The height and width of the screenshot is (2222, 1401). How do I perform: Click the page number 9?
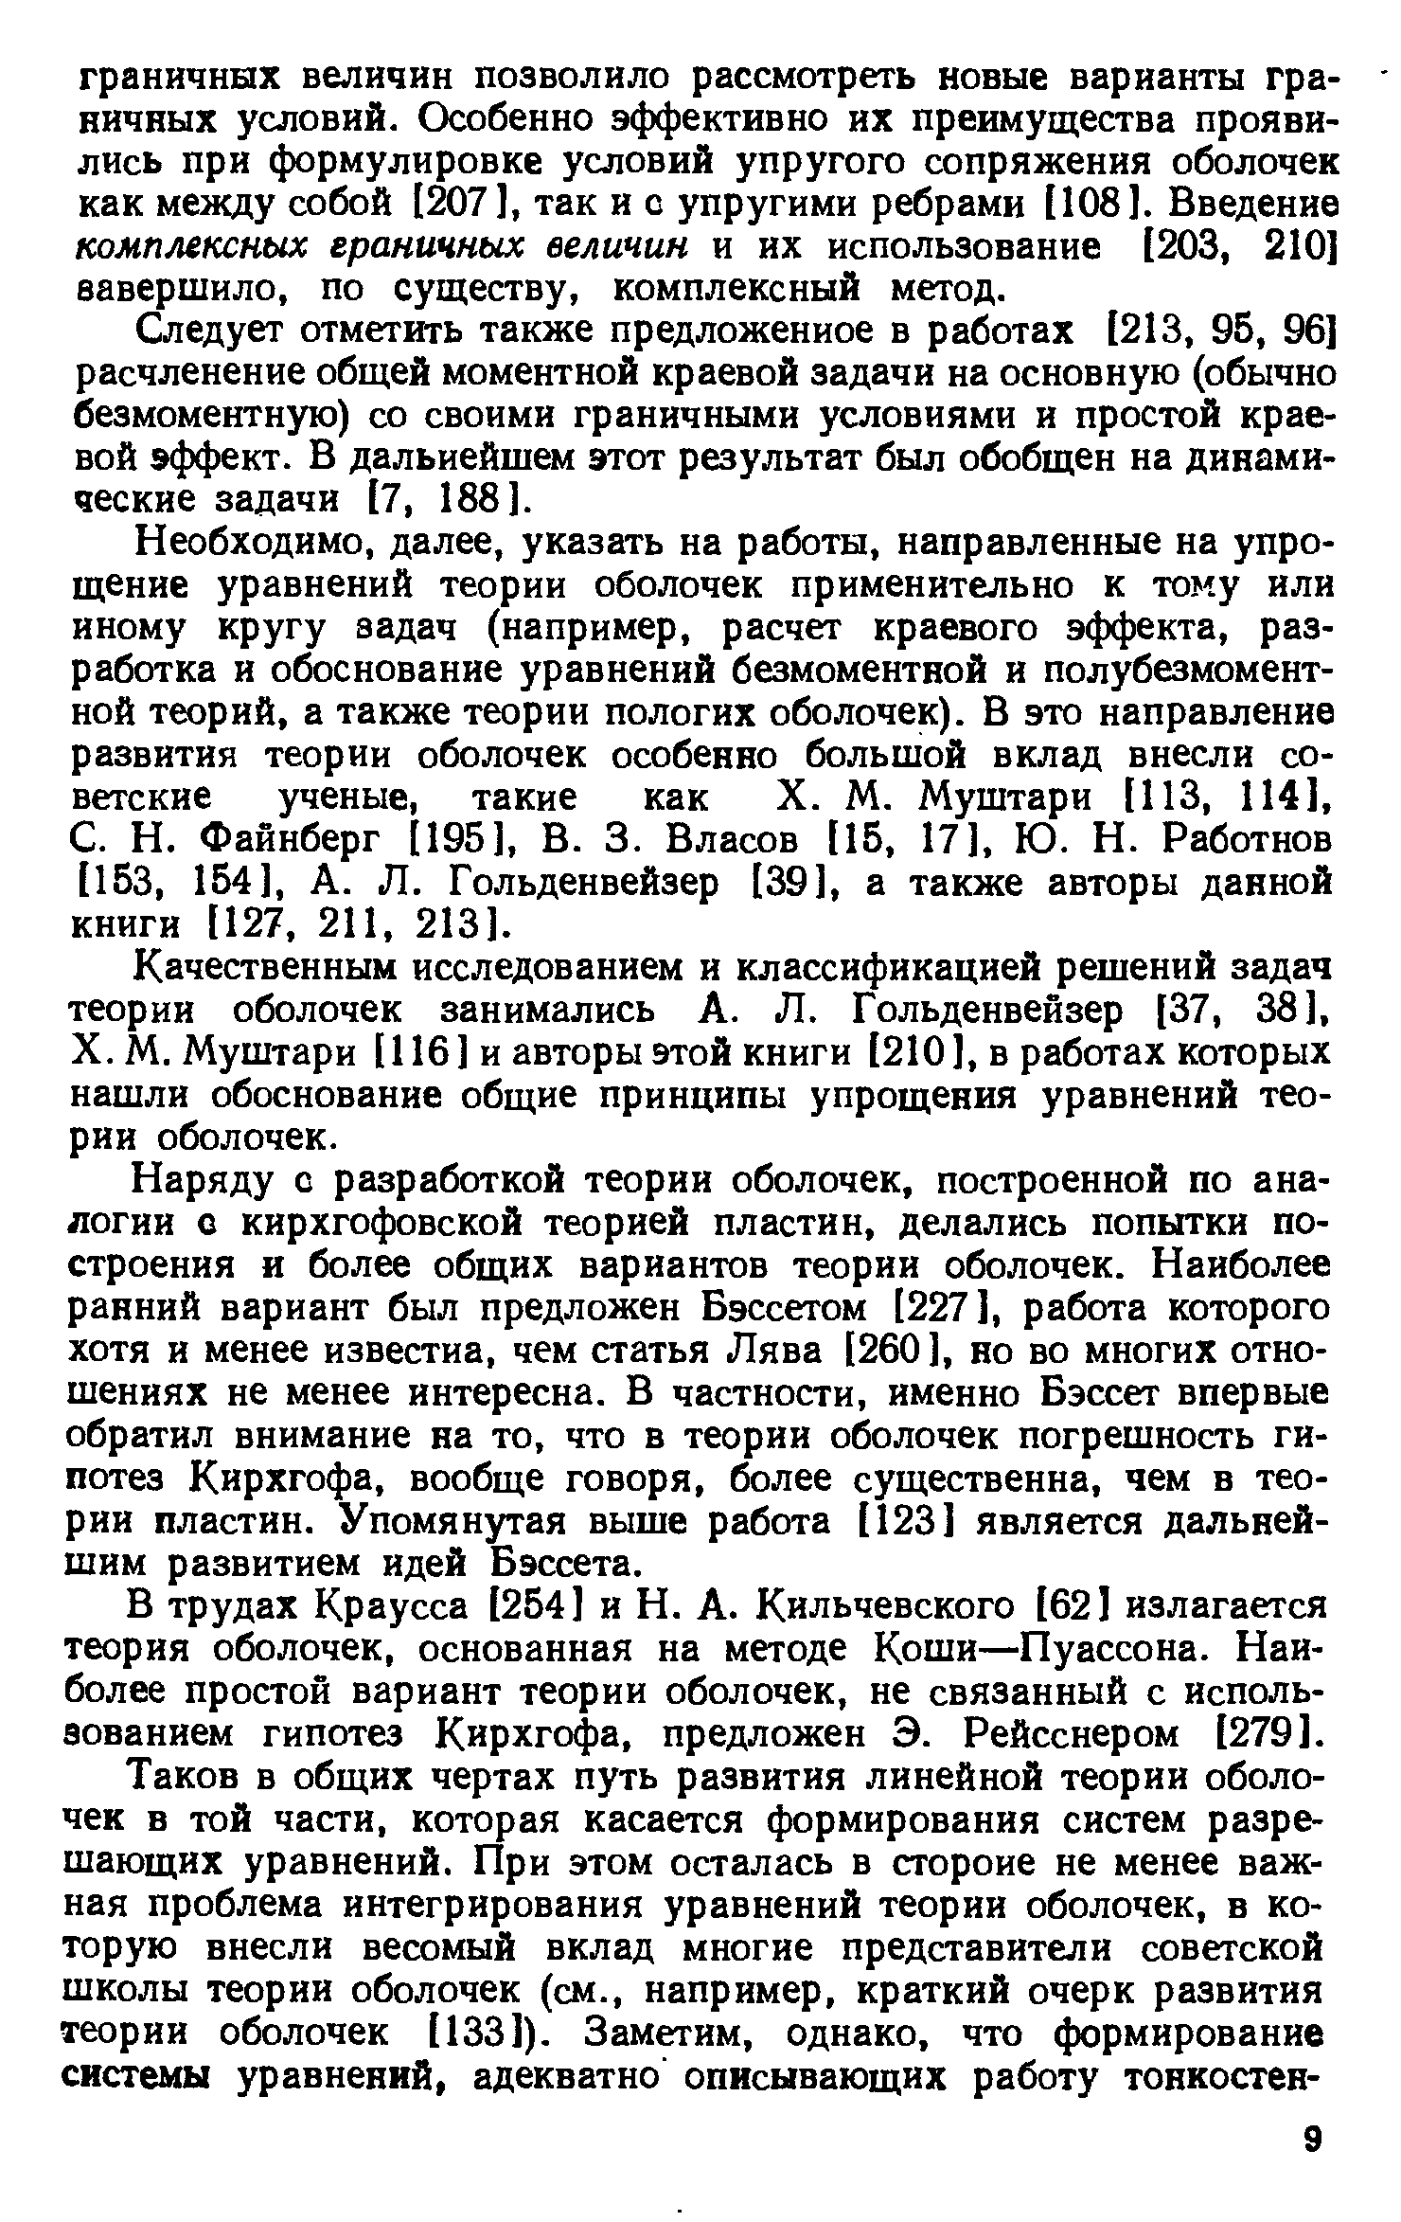(x=1311, y=2136)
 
